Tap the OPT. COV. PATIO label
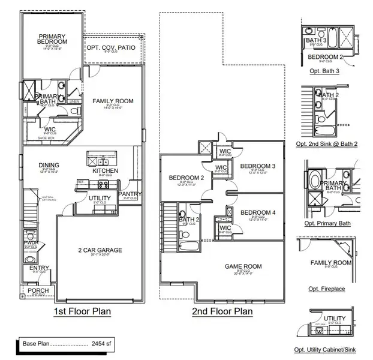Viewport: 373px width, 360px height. coord(110,47)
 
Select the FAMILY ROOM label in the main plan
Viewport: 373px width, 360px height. coord(113,101)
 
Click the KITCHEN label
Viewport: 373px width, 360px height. coord(105,171)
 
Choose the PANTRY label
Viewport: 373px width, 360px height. coord(130,194)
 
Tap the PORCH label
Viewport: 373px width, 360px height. coord(38,291)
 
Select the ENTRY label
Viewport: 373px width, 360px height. coord(39,268)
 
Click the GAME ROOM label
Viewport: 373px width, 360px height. coord(243,266)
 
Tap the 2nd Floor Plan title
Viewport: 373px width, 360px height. coord(222,311)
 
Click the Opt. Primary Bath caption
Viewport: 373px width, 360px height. coord(327,223)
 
